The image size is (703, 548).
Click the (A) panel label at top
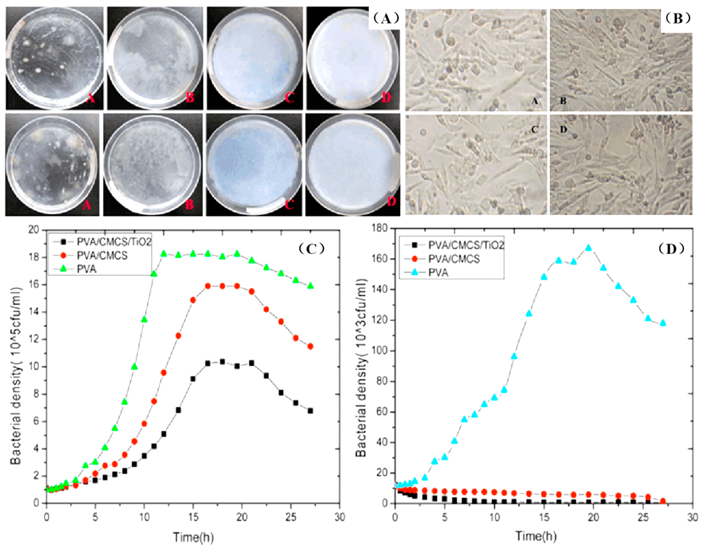pyautogui.click(x=385, y=18)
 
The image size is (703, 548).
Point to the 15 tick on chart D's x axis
pyautogui.click(x=544, y=517)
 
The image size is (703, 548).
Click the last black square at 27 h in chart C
pyautogui.click(x=310, y=411)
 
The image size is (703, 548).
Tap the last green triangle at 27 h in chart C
pyautogui.click(x=310, y=286)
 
